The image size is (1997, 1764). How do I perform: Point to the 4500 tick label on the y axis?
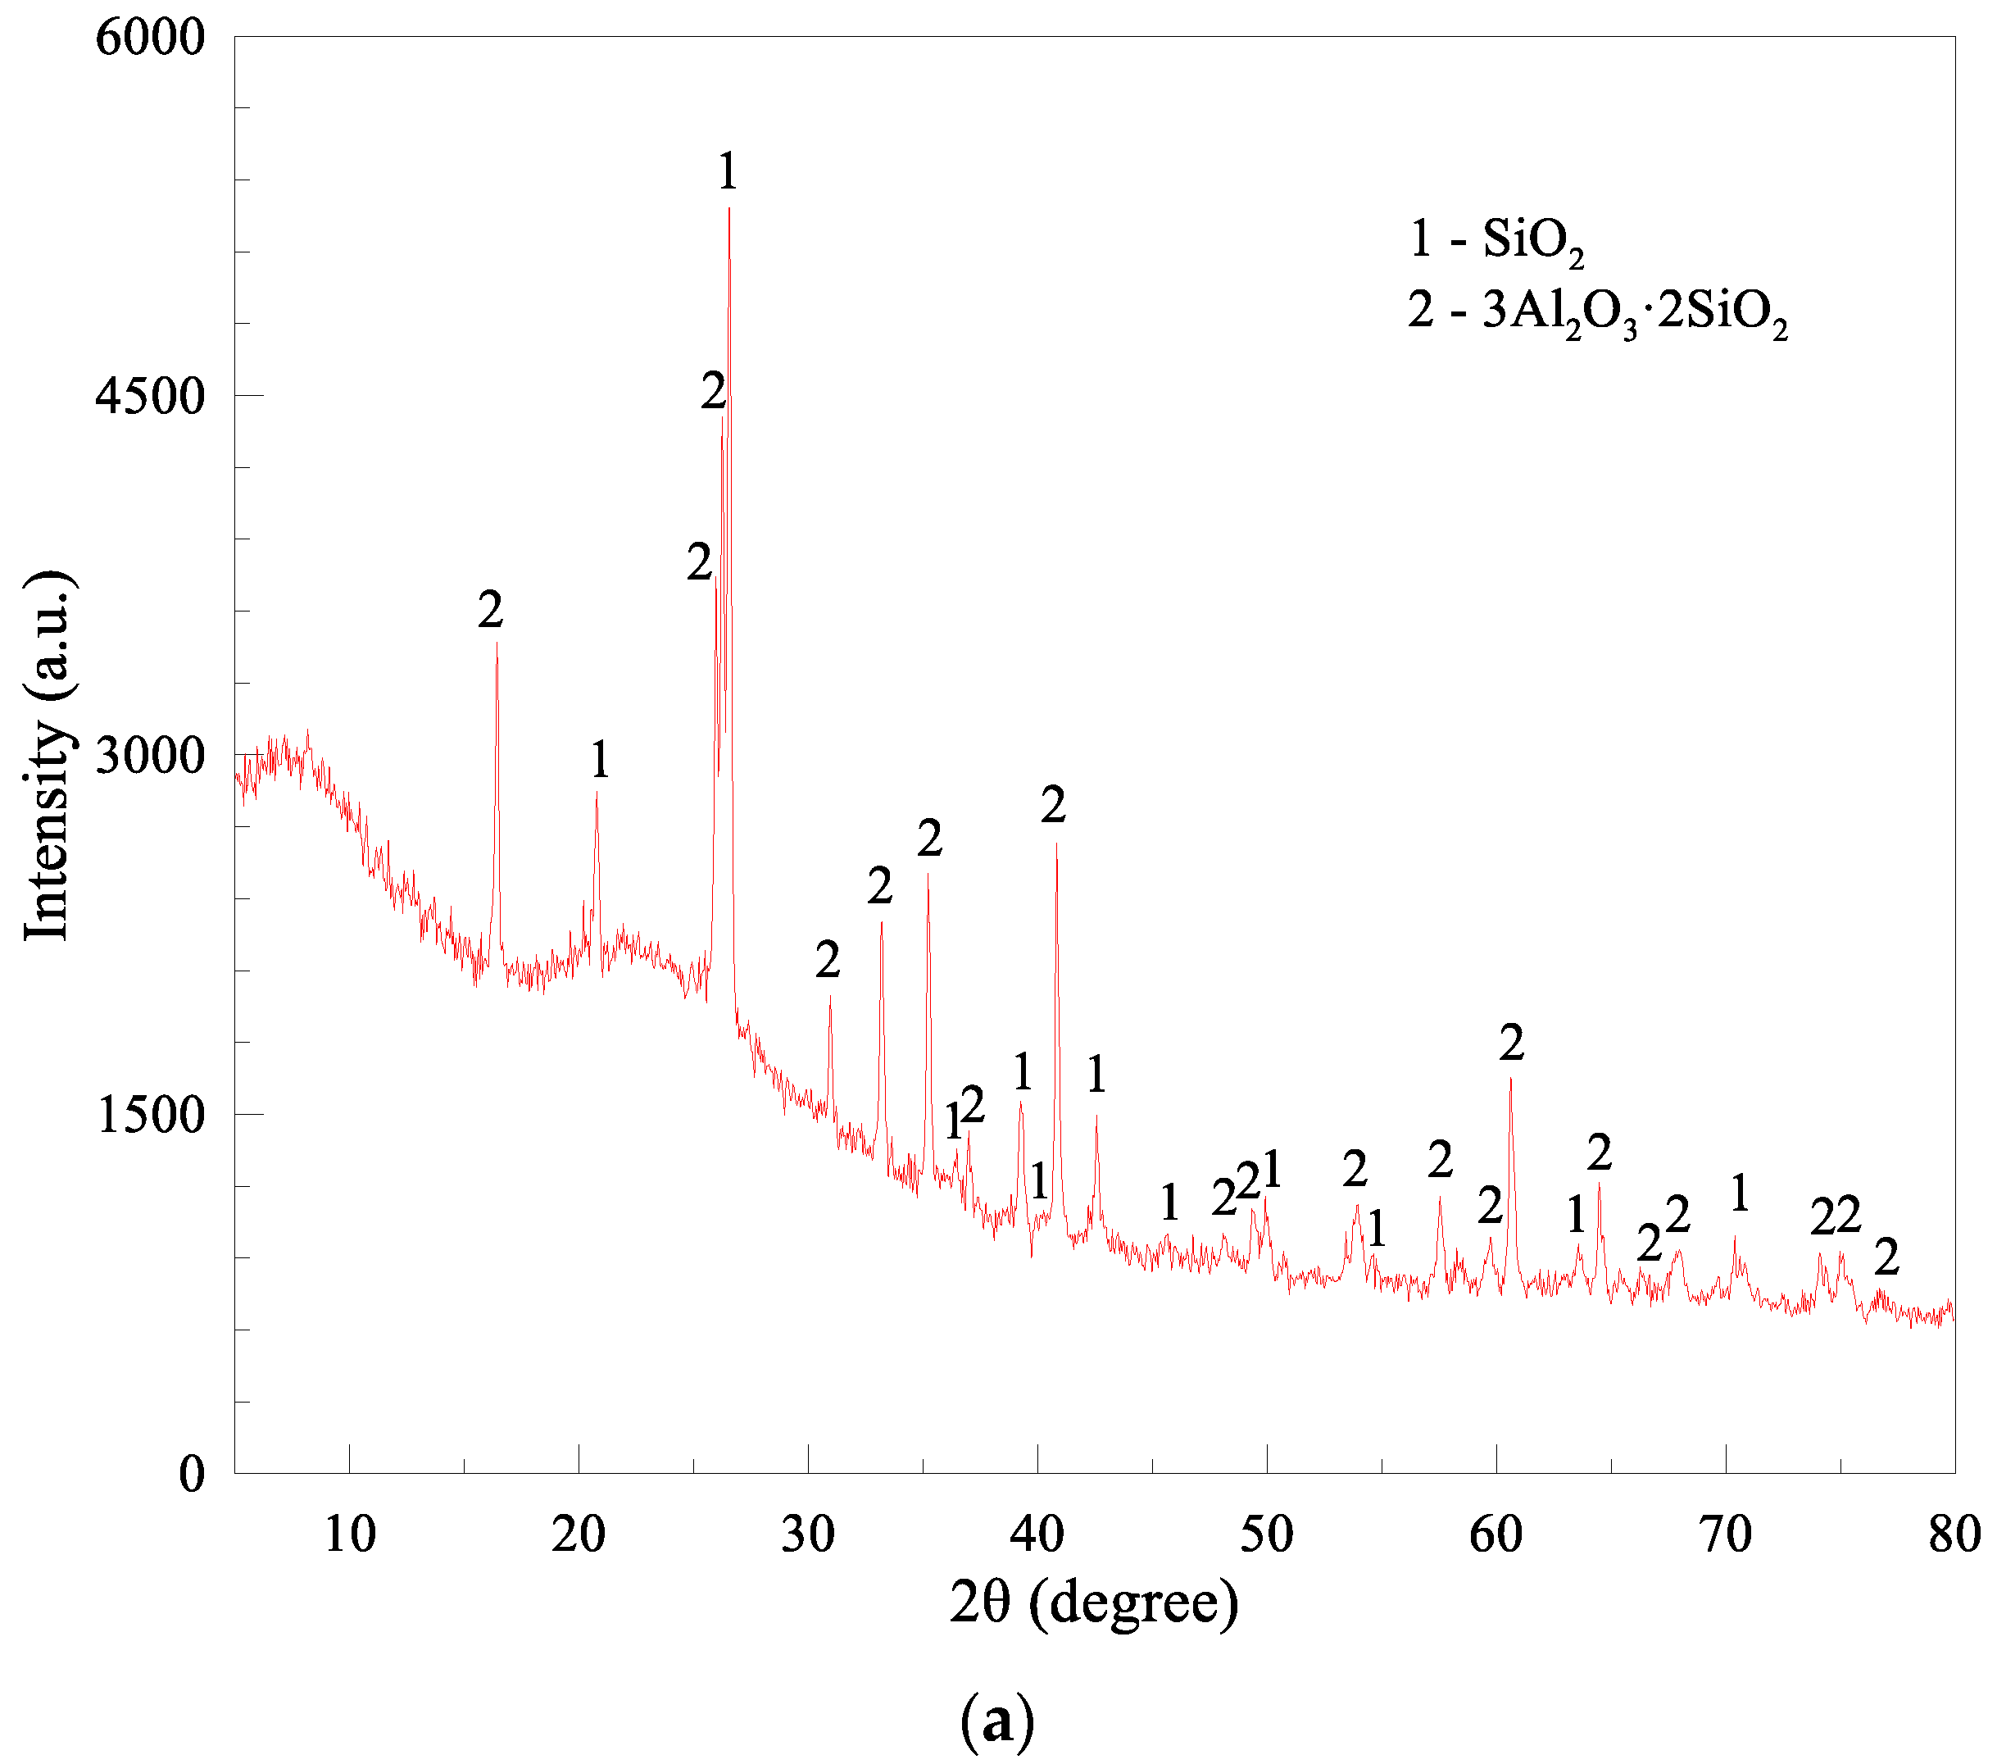click(x=149, y=396)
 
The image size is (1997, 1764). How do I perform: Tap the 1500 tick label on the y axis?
click(x=149, y=1115)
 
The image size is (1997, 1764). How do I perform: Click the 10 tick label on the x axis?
click(x=349, y=1535)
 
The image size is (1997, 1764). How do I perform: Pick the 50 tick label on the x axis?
click(x=1266, y=1535)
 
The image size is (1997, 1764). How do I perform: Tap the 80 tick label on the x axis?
click(x=1954, y=1535)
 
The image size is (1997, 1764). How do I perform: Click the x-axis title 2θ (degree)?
click(x=1093, y=1603)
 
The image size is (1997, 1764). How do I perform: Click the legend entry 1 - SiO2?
click(x=1495, y=240)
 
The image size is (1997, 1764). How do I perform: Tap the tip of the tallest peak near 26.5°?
click(x=728, y=208)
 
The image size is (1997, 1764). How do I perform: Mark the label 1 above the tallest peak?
click(x=727, y=172)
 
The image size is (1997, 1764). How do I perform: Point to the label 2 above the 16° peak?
click(x=491, y=611)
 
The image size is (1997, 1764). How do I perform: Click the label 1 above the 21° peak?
click(x=600, y=759)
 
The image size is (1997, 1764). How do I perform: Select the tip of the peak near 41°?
click(x=1056, y=843)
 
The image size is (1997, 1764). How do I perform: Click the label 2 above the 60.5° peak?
click(x=1511, y=1043)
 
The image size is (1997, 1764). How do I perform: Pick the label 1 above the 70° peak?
click(x=1739, y=1193)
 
